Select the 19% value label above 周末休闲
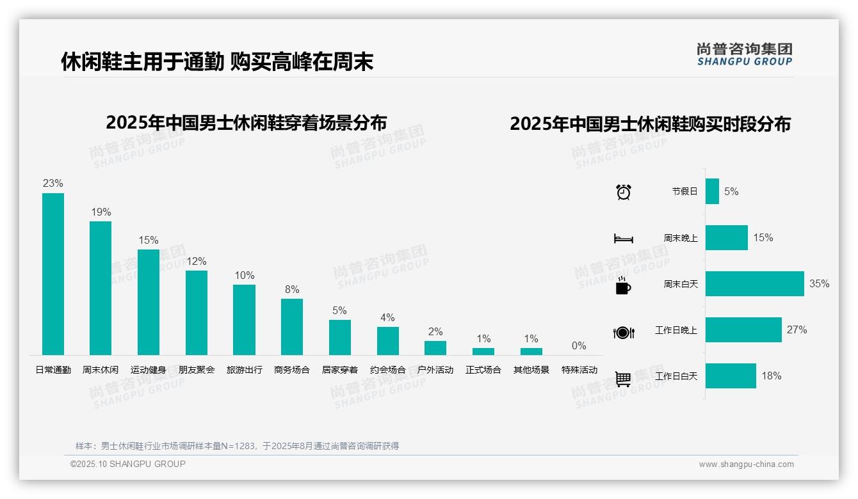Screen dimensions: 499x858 (x=101, y=212)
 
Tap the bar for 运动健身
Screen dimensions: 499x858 (x=149, y=302)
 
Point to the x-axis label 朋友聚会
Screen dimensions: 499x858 (x=197, y=370)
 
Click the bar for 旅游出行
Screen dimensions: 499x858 (x=244, y=320)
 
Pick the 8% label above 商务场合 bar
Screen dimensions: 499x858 (x=292, y=289)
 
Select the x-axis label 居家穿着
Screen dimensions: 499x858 (x=340, y=370)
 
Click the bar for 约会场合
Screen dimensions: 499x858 (x=387, y=341)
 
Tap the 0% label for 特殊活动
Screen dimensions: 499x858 (x=579, y=345)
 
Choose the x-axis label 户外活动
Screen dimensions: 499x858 (x=435, y=370)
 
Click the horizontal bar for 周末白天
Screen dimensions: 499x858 (x=754, y=283)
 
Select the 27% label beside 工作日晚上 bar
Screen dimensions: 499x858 (x=797, y=330)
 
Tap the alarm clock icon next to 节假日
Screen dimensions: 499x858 (x=624, y=192)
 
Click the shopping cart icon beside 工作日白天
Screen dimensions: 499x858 (x=623, y=379)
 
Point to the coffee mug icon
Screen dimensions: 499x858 (x=623, y=285)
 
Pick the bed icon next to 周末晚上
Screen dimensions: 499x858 (x=623, y=239)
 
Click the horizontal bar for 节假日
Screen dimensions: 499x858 (x=712, y=191)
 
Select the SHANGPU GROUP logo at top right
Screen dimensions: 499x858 (x=744, y=54)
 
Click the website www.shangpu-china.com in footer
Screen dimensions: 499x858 (x=746, y=464)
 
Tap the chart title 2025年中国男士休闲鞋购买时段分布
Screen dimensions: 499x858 (x=650, y=123)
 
